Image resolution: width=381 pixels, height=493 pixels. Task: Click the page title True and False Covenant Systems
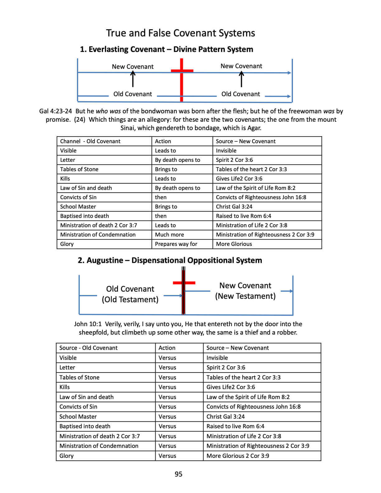(x=181, y=33)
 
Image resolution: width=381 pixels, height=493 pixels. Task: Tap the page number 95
(x=178, y=474)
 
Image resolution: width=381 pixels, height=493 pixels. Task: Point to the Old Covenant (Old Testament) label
(x=130, y=294)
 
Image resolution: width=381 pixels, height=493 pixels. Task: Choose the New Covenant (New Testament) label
(x=245, y=291)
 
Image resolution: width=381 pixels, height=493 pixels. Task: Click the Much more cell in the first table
(x=169, y=235)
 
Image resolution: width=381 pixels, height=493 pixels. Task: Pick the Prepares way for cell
(x=176, y=244)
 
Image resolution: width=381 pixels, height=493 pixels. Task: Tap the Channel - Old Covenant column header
(x=90, y=141)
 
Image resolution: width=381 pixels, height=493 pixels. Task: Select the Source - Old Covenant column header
(x=88, y=348)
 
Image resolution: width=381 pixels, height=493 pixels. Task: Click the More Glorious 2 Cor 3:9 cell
(x=238, y=456)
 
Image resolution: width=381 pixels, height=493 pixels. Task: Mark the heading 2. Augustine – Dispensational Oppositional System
(x=170, y=260)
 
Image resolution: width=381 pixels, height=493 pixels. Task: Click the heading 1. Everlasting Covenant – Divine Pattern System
(x=166, y=49)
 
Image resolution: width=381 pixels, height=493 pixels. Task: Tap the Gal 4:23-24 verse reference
(x=55, y=111)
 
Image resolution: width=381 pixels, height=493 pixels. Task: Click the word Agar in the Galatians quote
(x=254, y=128)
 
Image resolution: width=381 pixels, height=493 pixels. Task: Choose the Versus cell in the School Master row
(x=167, y=417)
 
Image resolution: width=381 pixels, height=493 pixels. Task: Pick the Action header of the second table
(x=167, y=348)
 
